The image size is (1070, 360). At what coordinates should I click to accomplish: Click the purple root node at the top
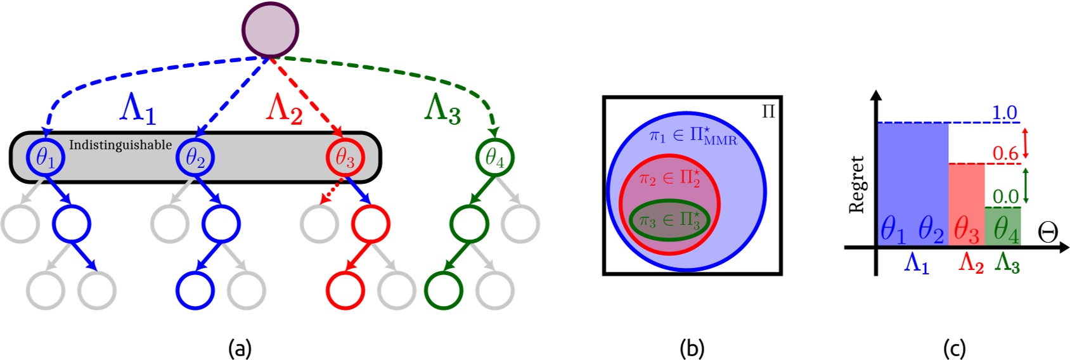pyautogui.click(x=270, y=30)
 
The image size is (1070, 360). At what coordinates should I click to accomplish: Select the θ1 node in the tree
pyautogui.click(x=45, y=157)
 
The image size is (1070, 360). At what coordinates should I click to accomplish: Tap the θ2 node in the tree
pyautogui.click(x=195, y=157)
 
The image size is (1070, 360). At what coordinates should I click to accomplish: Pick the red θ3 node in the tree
pyautogui.click(x=344, y=157)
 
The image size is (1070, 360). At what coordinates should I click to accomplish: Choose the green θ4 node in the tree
pyautogui.click(x=494, y=157)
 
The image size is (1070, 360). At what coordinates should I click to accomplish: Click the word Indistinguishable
pyautogui.click(x=120, y=145)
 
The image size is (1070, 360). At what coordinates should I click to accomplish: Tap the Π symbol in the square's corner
pyautogui.click(x=768, y=112)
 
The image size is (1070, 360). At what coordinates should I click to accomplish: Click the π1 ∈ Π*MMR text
pyautogui.click(x=693, y=136)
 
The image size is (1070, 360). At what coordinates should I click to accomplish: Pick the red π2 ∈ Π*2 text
pyautogui.click(x=669, y=179)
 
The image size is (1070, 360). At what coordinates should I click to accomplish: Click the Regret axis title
pyautogui.click(x=857, y=184)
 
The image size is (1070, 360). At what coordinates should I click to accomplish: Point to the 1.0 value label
pyautogui.click(x=1004, y=113)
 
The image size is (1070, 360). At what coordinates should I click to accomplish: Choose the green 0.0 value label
pyautogui.click(x=1005, y=196)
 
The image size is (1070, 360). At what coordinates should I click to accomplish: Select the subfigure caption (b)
pyautogui.click(x=692, y=348)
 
